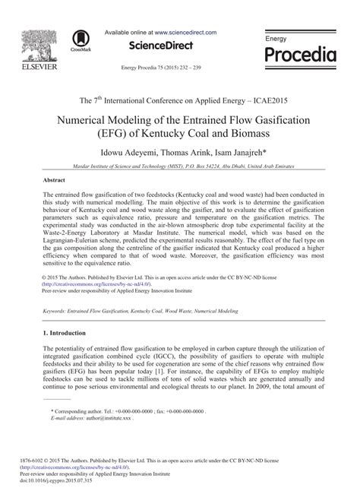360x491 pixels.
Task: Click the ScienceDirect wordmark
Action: pyautogui.click(x=159, y=48)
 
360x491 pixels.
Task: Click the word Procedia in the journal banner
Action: pyautogui.click(x=299, y=55)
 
